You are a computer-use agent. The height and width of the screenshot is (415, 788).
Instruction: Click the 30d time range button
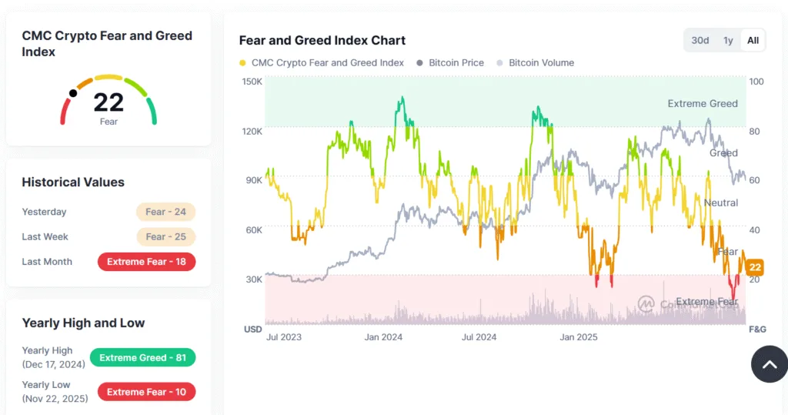pos(700,40)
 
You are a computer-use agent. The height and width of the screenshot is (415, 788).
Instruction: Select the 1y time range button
pos(727,40)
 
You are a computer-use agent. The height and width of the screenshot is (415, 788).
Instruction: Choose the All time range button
pos(753,40)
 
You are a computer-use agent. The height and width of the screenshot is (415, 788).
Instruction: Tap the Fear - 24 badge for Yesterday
pos(165,212)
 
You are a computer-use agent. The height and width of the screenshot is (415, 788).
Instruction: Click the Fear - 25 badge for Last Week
pos(165,236)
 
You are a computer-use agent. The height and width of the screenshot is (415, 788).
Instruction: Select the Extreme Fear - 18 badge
pos(146,262)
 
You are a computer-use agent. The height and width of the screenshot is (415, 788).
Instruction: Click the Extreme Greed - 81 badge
pos(142,357)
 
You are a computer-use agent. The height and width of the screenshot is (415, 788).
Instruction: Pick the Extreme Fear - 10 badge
pos(146,392)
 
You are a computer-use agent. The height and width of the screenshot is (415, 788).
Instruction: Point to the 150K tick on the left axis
pos(252,82)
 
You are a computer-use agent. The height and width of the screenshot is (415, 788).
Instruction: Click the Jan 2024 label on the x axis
pos(383,337)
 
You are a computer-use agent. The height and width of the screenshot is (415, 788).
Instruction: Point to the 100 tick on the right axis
pos(756,82)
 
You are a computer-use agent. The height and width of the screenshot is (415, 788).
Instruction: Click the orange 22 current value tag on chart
pos(755,267)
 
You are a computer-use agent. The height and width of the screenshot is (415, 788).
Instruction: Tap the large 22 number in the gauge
pos(109,102)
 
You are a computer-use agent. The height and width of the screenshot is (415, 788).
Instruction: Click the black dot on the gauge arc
pos(73,93)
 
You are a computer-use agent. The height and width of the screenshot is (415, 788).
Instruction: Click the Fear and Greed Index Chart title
pos(322,40)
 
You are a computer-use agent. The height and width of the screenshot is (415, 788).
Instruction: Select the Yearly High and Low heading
pos(83,323)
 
